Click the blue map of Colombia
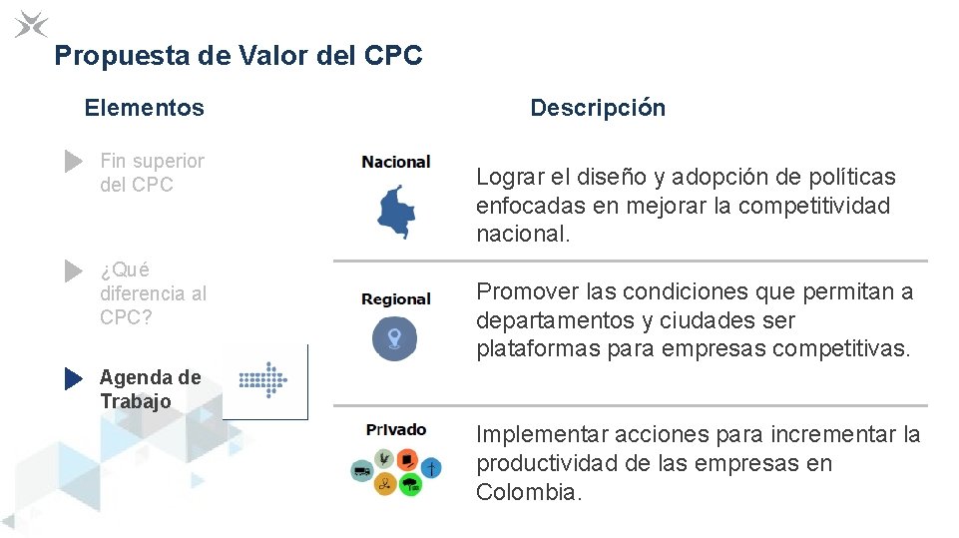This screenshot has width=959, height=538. point(396,210)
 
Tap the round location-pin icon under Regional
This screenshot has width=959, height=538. point(394,337)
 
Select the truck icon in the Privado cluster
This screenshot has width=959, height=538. point(361,469)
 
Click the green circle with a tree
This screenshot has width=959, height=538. point(410,484)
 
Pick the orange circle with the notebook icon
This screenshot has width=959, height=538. point(407,459)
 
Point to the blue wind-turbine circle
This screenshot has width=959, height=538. point(431,468)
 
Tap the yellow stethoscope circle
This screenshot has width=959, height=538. point(385,484)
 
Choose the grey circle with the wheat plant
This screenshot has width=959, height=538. point(383,458)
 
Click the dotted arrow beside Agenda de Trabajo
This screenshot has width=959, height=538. point(263,380)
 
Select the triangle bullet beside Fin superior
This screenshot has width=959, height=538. point(73,161)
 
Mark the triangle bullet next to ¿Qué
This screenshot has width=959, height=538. point(73,270)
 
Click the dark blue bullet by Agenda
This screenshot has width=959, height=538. point(73,378)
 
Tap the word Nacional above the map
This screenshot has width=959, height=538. point(396,162)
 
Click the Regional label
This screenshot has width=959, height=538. point(396,299)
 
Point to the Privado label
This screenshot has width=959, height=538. point(396,430)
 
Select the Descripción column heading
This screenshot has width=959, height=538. point(597,108)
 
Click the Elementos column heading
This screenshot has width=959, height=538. point(144,108)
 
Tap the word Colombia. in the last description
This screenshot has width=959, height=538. point(529,492)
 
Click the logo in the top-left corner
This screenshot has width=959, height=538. point(31,23)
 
